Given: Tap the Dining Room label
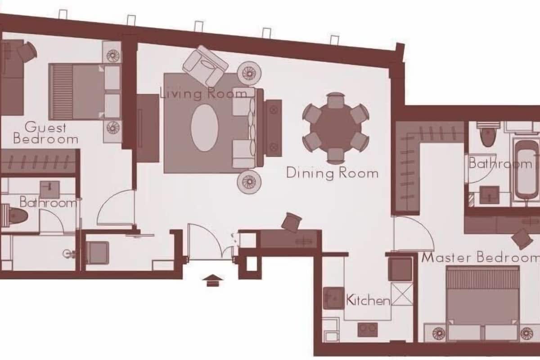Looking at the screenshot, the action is tap(332, 173).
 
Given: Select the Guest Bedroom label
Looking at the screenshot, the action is tap(45, 133).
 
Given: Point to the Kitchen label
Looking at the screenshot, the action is tap(368, 300).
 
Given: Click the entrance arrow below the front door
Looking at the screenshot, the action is tap(212, 281).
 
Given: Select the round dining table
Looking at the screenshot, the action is tap(336, 128).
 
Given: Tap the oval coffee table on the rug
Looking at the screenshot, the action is tap(205, 128).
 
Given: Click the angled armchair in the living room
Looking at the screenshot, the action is tap(205, 66).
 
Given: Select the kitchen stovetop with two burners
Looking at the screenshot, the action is tap(368, 329).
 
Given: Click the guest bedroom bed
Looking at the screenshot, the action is tap(85, 92).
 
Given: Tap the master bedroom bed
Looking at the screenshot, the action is tap(482, 303).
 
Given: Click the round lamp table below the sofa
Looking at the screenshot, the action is tap(249, 182).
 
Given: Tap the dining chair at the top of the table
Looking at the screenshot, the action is tap(335, 100).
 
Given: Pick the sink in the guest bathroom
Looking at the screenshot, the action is tap(49, 189).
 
